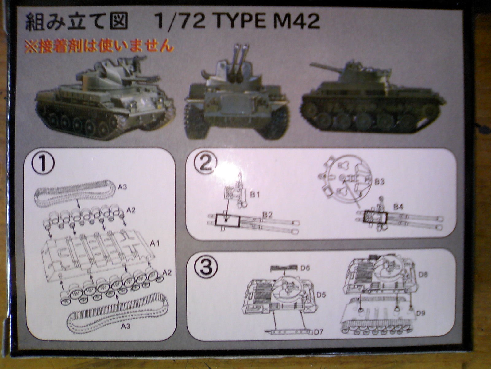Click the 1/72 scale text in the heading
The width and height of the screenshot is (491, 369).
coord(180,22)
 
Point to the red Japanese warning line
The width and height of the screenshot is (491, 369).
coord(99,46)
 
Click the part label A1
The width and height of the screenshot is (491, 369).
coord(155,243)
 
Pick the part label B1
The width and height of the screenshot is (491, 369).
coord(255,195)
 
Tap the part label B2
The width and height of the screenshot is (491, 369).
coord(267,215)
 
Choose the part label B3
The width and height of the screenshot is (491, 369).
coord(380,181)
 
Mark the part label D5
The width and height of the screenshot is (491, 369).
coord(322,295)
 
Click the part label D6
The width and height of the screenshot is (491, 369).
coord(305,268)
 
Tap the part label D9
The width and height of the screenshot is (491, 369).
coord(420,314)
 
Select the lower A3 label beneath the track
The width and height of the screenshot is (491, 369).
coord(126,327)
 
